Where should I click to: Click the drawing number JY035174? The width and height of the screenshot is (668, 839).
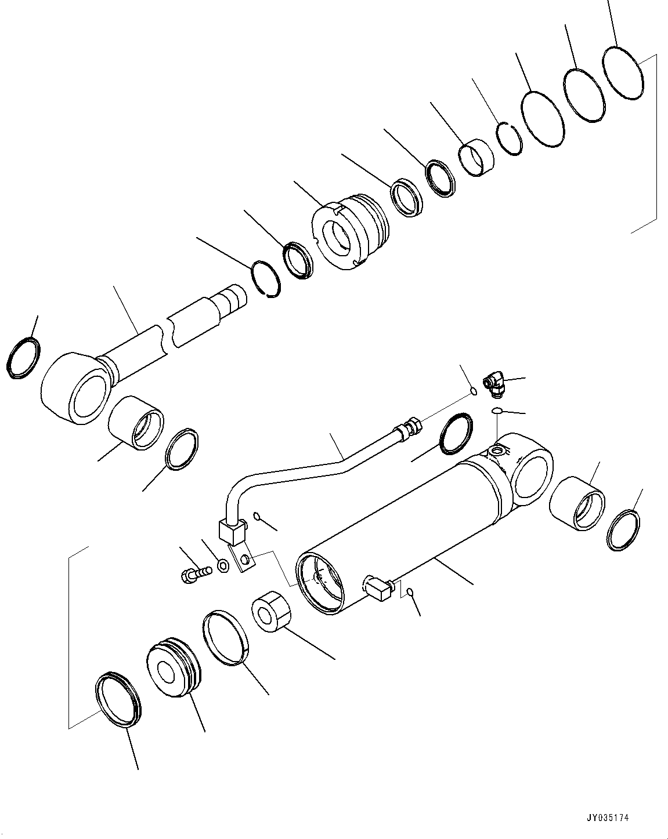608,818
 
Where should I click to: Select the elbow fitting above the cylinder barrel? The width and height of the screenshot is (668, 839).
494,384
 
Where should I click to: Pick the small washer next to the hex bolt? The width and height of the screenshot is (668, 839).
222,564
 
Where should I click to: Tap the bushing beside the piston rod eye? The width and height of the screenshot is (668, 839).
135,423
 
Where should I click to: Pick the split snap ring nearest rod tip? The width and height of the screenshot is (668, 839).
268,281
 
